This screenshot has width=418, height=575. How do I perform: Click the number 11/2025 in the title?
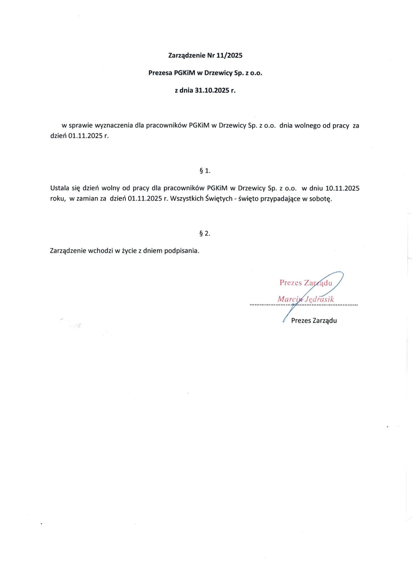click(x=229, y=56)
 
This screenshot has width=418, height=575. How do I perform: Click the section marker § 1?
click(x=205, y=171)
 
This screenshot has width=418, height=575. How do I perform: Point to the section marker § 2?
click(x=205, y=233)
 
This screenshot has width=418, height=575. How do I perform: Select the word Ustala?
click(x=58, y=188)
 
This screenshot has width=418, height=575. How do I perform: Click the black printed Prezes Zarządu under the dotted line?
click(x=314, y=321)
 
